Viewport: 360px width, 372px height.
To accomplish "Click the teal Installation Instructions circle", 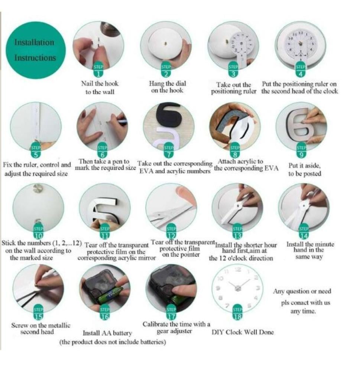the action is [x=36, y=50].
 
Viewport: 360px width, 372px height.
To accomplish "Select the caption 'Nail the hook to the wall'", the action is [x=100, y=88].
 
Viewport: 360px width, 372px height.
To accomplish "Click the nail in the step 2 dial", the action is [x=166, y=44].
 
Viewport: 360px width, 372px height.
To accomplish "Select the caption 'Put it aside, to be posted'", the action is [x=305, y=169].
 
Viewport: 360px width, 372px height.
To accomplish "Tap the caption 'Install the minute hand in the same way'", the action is [x=310, y=250].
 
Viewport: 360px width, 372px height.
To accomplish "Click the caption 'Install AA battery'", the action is [x=107, y=333].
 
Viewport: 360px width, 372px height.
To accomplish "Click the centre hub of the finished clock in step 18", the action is [x=238, y=288].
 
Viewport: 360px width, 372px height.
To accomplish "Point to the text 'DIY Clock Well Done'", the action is [x=243, y=332].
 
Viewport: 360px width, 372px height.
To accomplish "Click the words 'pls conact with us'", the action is [x=305, y=303].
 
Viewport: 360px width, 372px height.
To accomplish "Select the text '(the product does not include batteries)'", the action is [x=113, y=342].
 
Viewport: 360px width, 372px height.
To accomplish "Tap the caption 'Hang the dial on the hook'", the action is [x=167, y=87].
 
